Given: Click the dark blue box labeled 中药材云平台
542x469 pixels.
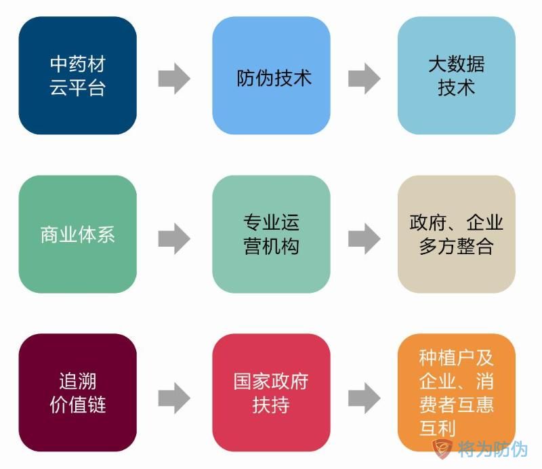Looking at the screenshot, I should (77, 75).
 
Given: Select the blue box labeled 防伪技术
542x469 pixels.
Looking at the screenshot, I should (271, 75).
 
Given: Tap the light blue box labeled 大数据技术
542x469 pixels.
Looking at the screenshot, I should (456, 75).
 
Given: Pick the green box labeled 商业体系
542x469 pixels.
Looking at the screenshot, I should (77, 234).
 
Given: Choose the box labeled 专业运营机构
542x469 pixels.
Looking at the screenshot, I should (271, 234).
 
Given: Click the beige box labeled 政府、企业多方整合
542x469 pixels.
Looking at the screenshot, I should (456, 234).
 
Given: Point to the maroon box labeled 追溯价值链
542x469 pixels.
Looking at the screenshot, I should (77, 393).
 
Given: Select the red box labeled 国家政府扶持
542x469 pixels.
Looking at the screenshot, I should (271, 393).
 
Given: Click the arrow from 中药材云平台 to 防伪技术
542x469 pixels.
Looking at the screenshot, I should (174, 78).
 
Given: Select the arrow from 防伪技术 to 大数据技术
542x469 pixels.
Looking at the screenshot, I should (364, 78).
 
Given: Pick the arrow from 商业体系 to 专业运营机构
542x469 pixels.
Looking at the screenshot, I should (174, 238).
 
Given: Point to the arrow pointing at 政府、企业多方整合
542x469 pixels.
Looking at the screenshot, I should (364, 238).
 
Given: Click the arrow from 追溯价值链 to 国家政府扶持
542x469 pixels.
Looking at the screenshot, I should (174, 396).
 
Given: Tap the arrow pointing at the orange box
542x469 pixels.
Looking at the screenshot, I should (364, 396).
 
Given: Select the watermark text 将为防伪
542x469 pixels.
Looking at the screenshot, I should (493, 449).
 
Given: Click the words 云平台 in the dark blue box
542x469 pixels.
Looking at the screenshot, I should (77, 87).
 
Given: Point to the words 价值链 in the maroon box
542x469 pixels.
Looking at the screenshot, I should (77, 405).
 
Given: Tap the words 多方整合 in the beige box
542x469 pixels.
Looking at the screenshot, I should (456, 246).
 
